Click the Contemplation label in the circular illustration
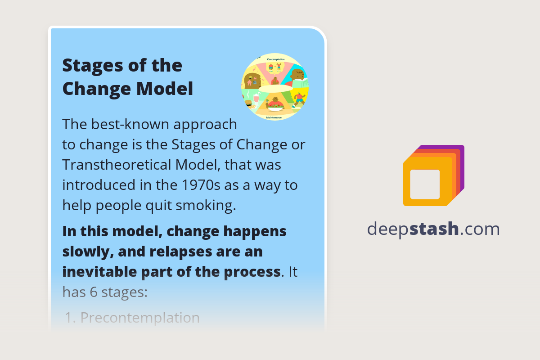tap(275, 59)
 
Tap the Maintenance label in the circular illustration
tap(274, 117)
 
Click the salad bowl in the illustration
tap(274, 106)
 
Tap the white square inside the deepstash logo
tap(425, 184)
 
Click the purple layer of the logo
tap(460, 155)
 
